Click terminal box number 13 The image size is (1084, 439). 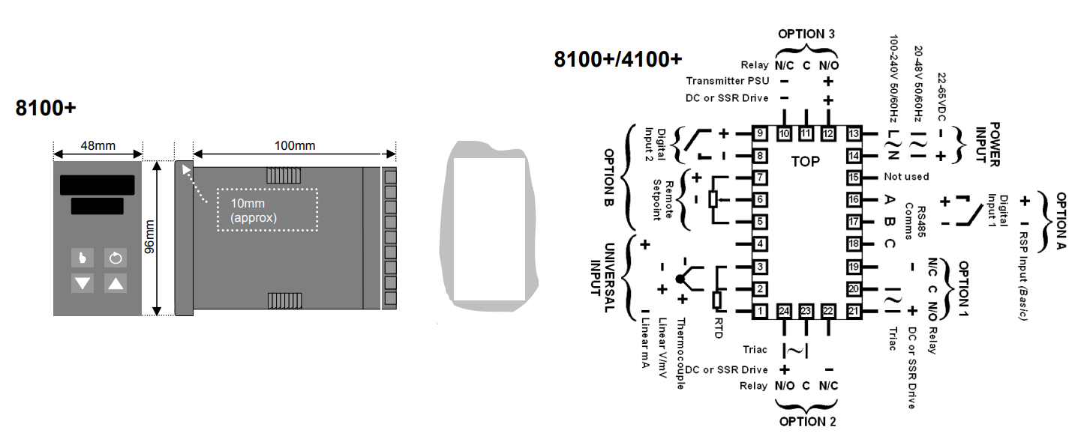point(852,134)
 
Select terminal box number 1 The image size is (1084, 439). point(760,312)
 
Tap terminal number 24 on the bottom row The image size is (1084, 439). point(785,312)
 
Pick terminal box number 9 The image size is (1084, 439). point(760,134)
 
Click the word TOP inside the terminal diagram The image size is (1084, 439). point(806,161)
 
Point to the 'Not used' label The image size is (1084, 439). point(906,177)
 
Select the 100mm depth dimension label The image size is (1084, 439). point(294,145)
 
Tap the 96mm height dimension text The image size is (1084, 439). point(149,237)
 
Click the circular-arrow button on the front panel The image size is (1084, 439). point(114,258)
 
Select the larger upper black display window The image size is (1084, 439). point(98,184)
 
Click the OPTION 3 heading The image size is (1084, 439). point(806,34)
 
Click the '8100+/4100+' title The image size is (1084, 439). point(618,59)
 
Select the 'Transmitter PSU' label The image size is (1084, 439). point(726,81)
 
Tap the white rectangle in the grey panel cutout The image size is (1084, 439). point(489,228)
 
